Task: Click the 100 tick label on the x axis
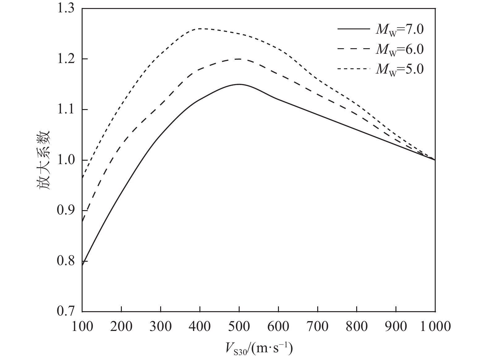point(82,326)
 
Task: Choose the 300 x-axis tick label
point(160,326)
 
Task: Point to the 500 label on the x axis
point(239,326)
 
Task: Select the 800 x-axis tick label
point(357,326)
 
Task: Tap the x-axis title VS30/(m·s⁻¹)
point(258,349)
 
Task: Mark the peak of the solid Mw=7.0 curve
point(239,84)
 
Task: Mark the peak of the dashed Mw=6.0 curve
point(239,59)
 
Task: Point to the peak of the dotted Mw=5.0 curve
point(200,28)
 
